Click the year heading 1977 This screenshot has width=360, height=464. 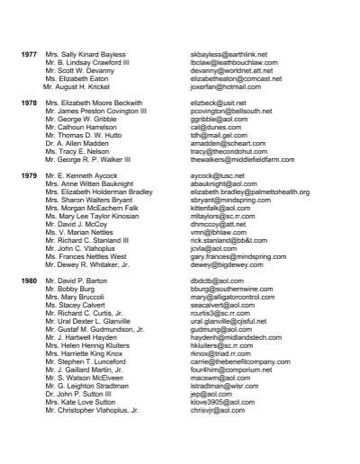tap(29, 54)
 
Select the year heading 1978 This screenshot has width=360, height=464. tap(29, 103)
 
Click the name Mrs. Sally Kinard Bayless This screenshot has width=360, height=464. tap(85, 54)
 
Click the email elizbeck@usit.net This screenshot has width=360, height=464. tap(218, 103)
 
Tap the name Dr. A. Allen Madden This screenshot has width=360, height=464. tap(80, 144)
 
